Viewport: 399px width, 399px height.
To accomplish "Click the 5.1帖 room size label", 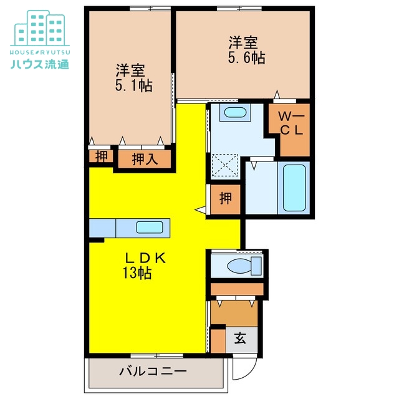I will (133, 86).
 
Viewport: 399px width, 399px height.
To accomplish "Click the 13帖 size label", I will (137, 272).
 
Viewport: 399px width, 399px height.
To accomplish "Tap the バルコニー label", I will (153, 372).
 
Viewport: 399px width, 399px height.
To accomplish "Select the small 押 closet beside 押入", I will (101, 156).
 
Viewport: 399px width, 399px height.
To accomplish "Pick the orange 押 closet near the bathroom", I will (225, 199).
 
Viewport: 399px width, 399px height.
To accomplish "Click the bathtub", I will (295, 187).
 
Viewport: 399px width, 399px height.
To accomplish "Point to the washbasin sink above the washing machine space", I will (235, 113).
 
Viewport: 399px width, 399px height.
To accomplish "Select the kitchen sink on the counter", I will (150, 228).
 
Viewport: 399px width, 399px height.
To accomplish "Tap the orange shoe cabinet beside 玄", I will (218, 340).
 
